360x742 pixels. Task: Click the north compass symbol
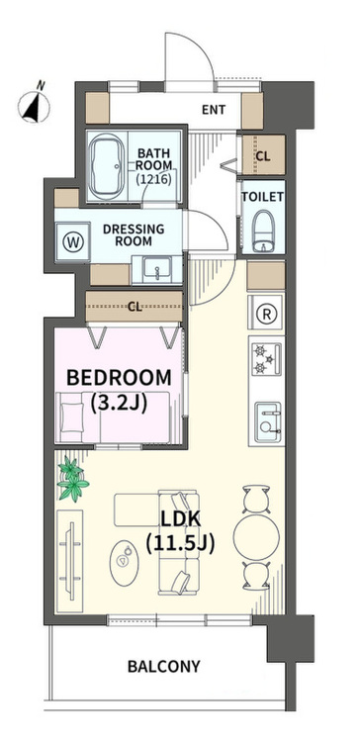point(34,104)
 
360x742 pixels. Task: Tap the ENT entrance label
point(214,110)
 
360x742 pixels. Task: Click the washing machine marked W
point(72,242)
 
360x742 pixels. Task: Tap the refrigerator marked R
point(266,314)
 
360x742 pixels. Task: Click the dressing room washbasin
point(157,270)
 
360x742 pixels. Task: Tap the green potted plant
point(72,479)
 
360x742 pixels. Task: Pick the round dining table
point(256,537)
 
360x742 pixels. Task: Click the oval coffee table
point(125,563)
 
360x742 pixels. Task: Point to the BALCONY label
point(163,666)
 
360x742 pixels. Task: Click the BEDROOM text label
point(120,378)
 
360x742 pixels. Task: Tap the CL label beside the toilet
point(263,156)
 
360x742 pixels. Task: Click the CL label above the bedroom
point(135,307)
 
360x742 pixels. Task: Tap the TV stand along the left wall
point(69,560)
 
